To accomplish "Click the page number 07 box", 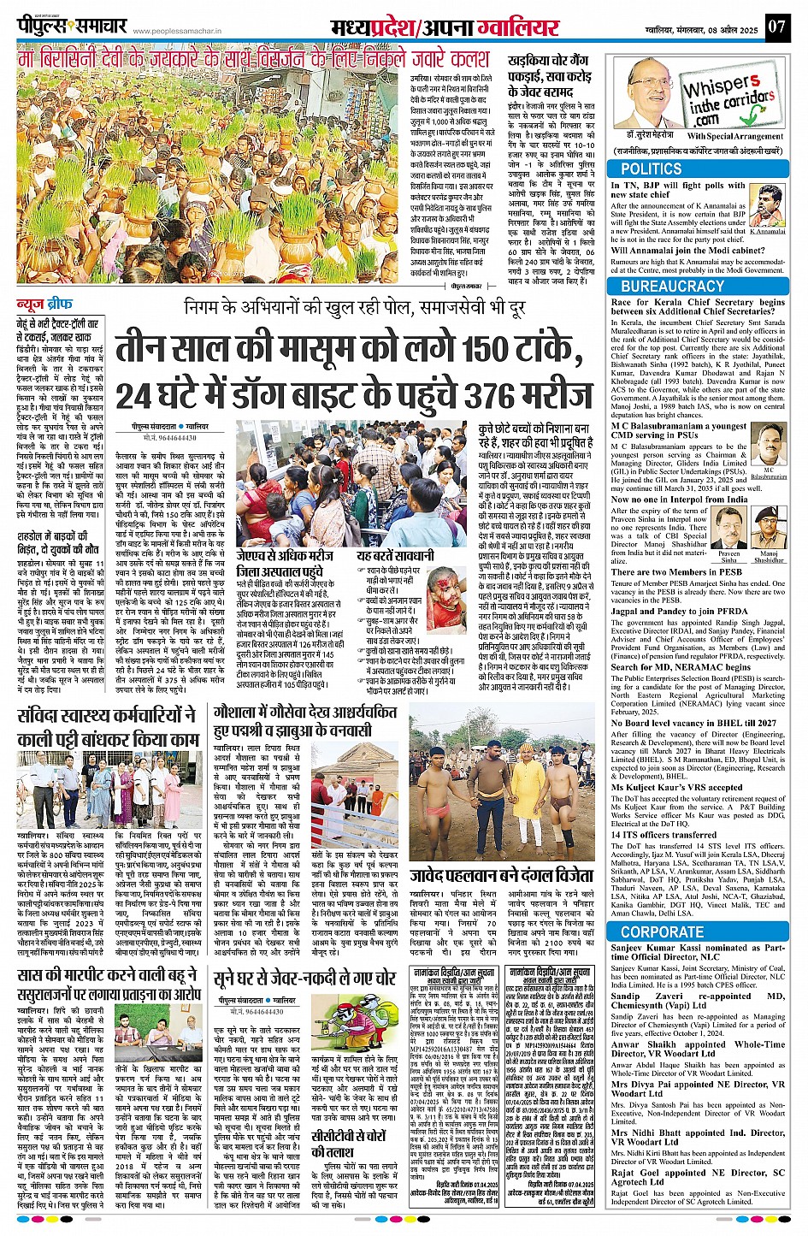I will pyautogui.click(x=776, y=26).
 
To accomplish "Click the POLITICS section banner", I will pyautogui.click(x=652, y=169).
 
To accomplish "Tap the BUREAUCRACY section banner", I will pyautogui.click(x=672, y=287).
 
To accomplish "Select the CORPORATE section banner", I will pyautogui.click(x=663, y=931).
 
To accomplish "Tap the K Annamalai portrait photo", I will pyautogui.click(x=767, y=206).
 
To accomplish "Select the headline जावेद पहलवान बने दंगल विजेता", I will pyautogui.click(x=501, y=875).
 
